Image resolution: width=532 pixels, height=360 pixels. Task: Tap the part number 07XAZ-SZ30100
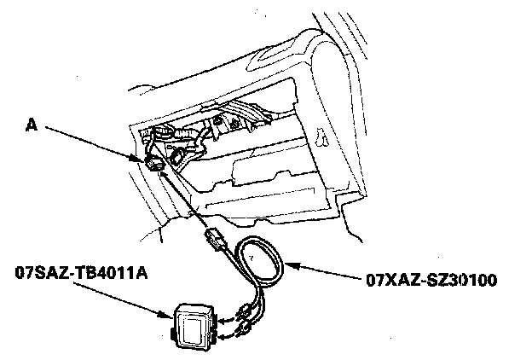pyautogui.click(x=430, y=278)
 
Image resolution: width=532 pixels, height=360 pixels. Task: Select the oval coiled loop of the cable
pyautogui.click(x=264, y=260)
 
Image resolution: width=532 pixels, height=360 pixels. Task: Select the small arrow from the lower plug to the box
pyautogui.click(x=222, y=337)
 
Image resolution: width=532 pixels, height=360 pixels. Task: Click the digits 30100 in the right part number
pyautogui.click(x=474, y=278)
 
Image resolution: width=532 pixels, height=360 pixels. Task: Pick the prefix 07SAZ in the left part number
pyautogui.click(x=38, y=273)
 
